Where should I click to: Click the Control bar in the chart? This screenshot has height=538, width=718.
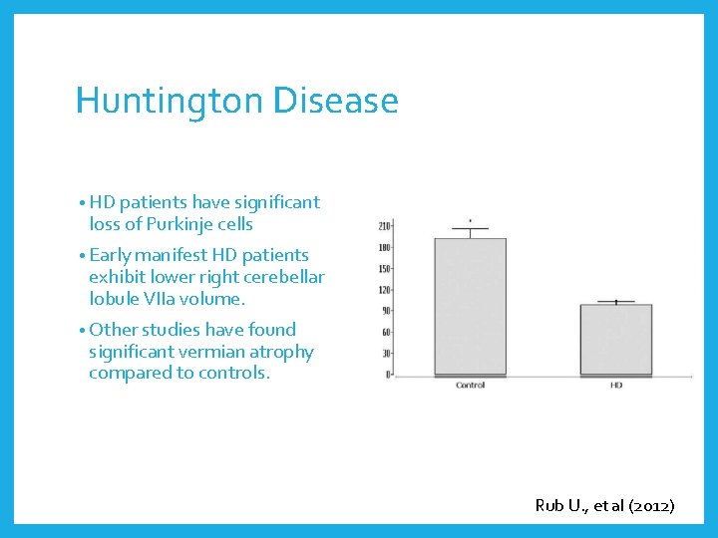470,307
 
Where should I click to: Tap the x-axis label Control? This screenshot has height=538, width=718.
470,385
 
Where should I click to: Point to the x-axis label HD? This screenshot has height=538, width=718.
615,385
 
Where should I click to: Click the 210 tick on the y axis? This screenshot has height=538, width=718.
384,226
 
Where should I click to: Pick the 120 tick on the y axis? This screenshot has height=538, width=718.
384,290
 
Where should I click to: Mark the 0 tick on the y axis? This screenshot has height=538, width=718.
388,375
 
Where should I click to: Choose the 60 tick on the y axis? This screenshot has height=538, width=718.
385,333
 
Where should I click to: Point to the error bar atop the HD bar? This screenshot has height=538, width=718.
615,302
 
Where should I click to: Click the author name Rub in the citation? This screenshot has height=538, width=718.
550,506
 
